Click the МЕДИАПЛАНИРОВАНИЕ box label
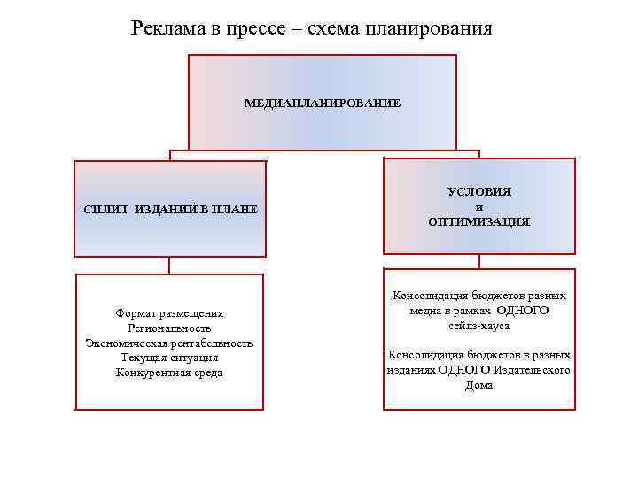tap(322, 104)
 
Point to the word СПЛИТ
tap(105, 210)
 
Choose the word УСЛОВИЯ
tap(478, 191)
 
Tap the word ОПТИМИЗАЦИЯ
tap(478, 222)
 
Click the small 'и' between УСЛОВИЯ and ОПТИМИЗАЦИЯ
tap(478, 206)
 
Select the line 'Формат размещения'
tap(169, 312)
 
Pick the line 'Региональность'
tap(169, 328)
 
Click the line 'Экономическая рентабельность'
tap(169, 343)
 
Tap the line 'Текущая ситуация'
tap(169, 358)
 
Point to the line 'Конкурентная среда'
tap(169, 373)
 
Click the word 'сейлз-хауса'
tap(478, 327)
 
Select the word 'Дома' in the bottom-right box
tap(478, 386)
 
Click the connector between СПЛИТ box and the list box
tap(169, 265)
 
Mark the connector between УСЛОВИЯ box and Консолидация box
tap(478, 261)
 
